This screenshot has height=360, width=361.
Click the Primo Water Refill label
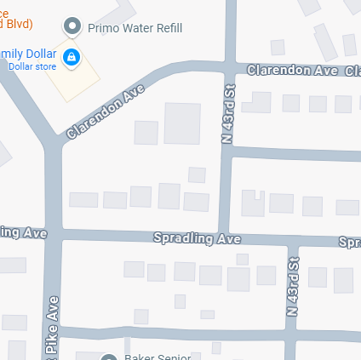(135, 27)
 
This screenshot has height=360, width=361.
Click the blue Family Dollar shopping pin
(72, 57)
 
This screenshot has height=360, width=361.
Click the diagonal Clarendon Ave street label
(100, 115)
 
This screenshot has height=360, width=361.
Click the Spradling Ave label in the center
(197, 239)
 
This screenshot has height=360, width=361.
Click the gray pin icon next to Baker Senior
(108, 357)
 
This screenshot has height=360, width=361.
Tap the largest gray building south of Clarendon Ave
(181, 123)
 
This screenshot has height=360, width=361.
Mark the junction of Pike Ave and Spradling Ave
(53, 234)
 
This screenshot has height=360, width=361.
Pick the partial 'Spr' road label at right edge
(349, 243)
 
